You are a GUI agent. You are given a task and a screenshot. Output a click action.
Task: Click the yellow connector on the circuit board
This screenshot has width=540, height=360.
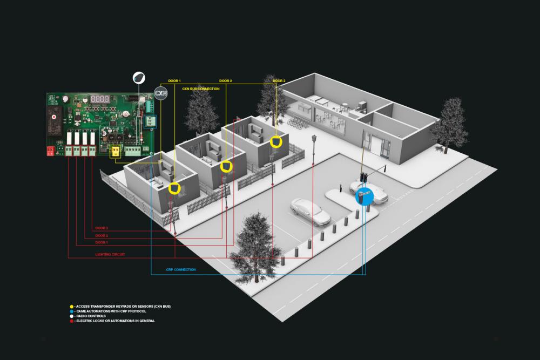point(115,152)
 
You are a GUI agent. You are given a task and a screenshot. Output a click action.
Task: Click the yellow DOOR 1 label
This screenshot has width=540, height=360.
point(175,81)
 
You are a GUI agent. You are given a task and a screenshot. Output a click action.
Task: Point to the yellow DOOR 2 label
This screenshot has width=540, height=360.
point(226,81)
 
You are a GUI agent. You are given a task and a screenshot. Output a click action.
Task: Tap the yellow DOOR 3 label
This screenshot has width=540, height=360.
point(279,81)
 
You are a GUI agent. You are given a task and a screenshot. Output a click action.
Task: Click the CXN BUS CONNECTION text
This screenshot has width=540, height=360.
point(201,88)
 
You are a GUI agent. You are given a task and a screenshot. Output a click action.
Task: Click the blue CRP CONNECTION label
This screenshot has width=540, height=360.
point(181,269)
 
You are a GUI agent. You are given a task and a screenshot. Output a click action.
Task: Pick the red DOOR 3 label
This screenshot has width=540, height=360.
point(102,228)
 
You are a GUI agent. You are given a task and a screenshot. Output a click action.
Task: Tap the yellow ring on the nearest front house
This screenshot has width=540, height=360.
point(174,188)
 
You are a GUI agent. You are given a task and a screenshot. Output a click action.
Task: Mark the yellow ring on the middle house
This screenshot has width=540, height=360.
point(226,166)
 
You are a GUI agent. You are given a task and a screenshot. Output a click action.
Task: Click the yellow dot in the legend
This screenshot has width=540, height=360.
point(72,307)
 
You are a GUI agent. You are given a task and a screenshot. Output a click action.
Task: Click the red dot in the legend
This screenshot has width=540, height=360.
point(72,321)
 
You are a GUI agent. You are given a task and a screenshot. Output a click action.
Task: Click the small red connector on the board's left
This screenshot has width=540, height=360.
point(50,151)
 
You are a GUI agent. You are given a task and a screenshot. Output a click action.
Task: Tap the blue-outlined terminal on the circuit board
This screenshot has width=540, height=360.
point(151,122)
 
